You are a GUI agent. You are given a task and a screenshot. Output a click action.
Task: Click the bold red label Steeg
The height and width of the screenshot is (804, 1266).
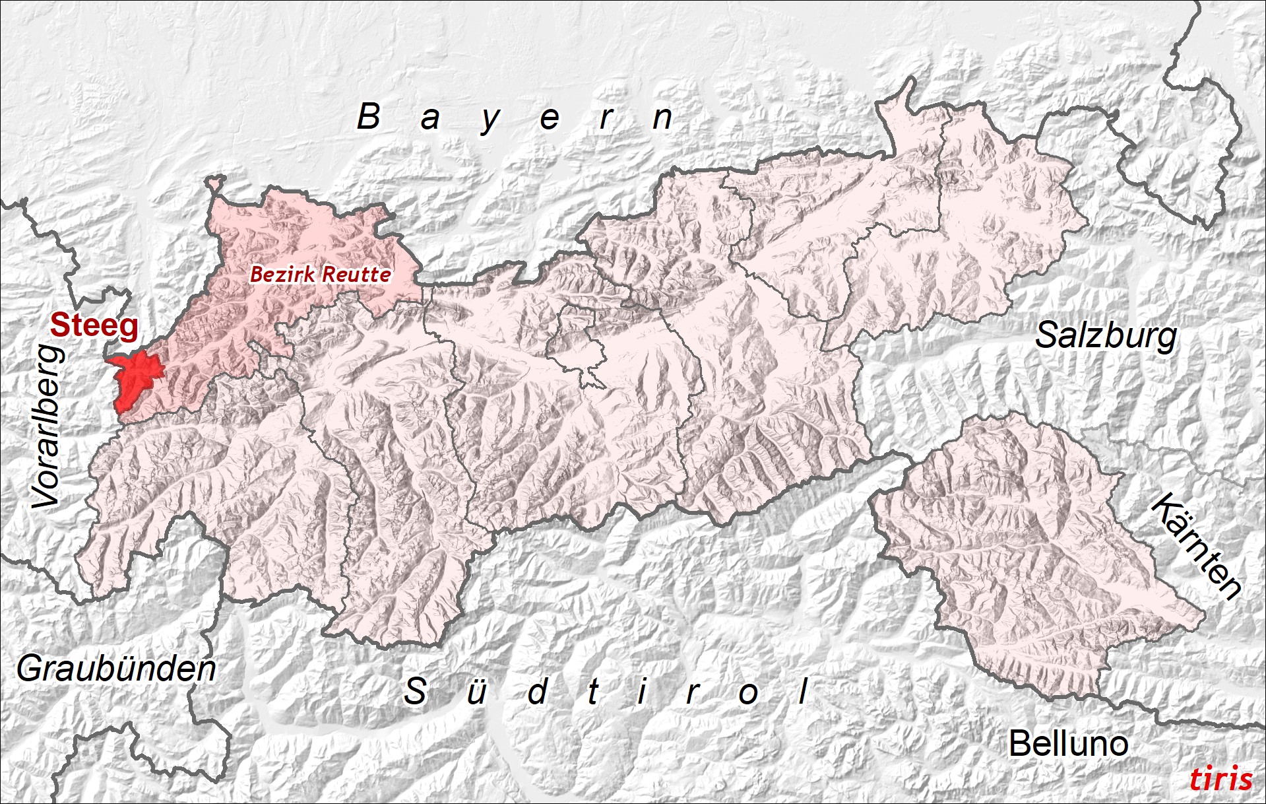tap(94, 325)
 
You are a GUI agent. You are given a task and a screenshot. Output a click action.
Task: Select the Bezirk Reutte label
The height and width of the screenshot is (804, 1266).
tap(321, 274)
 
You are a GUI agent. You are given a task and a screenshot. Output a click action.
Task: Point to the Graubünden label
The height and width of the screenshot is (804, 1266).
tap(116, 669)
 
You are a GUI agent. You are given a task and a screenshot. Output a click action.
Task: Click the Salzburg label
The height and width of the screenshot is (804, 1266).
tap(1106, 335)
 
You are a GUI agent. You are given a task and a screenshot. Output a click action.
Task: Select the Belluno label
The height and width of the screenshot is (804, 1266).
tap(1068, 744)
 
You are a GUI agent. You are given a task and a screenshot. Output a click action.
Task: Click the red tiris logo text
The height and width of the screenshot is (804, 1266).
tap(1220, 779)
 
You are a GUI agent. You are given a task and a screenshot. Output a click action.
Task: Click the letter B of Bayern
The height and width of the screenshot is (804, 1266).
tap(368, 117)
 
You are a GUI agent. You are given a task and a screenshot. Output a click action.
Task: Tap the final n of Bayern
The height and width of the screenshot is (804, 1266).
tap(662, 118)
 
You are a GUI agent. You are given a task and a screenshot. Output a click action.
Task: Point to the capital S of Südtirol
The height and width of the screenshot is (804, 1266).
tap(415, 691)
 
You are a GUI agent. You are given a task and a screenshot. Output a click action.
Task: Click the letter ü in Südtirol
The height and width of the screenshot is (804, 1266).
tap(476, 692)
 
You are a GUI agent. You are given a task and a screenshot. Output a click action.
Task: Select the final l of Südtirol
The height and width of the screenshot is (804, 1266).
tap(803, 691)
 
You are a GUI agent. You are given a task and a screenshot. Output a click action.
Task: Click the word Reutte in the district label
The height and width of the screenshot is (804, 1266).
tap(358, 274)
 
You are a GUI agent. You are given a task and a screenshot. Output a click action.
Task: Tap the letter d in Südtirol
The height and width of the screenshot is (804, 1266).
tap(538, 691)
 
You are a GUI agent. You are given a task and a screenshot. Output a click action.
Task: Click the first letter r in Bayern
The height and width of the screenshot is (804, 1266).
tap(606, 119)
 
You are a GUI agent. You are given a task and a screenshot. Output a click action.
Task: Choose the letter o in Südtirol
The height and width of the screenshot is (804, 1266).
tap(748, 694)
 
